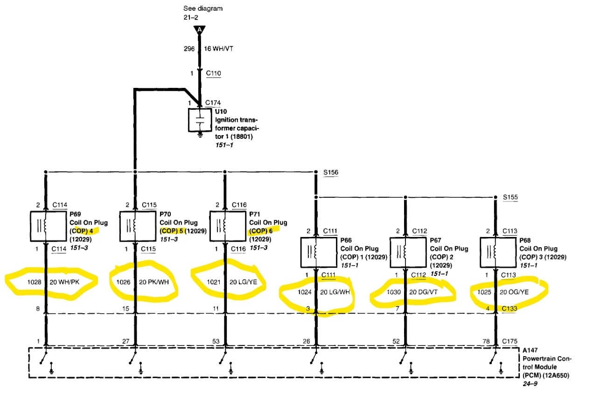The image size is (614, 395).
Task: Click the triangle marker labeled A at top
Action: pos(200,29)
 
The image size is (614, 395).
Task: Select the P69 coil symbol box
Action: pos(45,226)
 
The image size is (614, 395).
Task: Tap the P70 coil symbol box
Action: pos(135,226)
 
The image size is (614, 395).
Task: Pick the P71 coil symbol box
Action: pos(225,226)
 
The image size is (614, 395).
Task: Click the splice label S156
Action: pos(331,172)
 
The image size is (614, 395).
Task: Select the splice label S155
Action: pos(510,197)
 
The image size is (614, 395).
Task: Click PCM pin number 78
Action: pos(487,341)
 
